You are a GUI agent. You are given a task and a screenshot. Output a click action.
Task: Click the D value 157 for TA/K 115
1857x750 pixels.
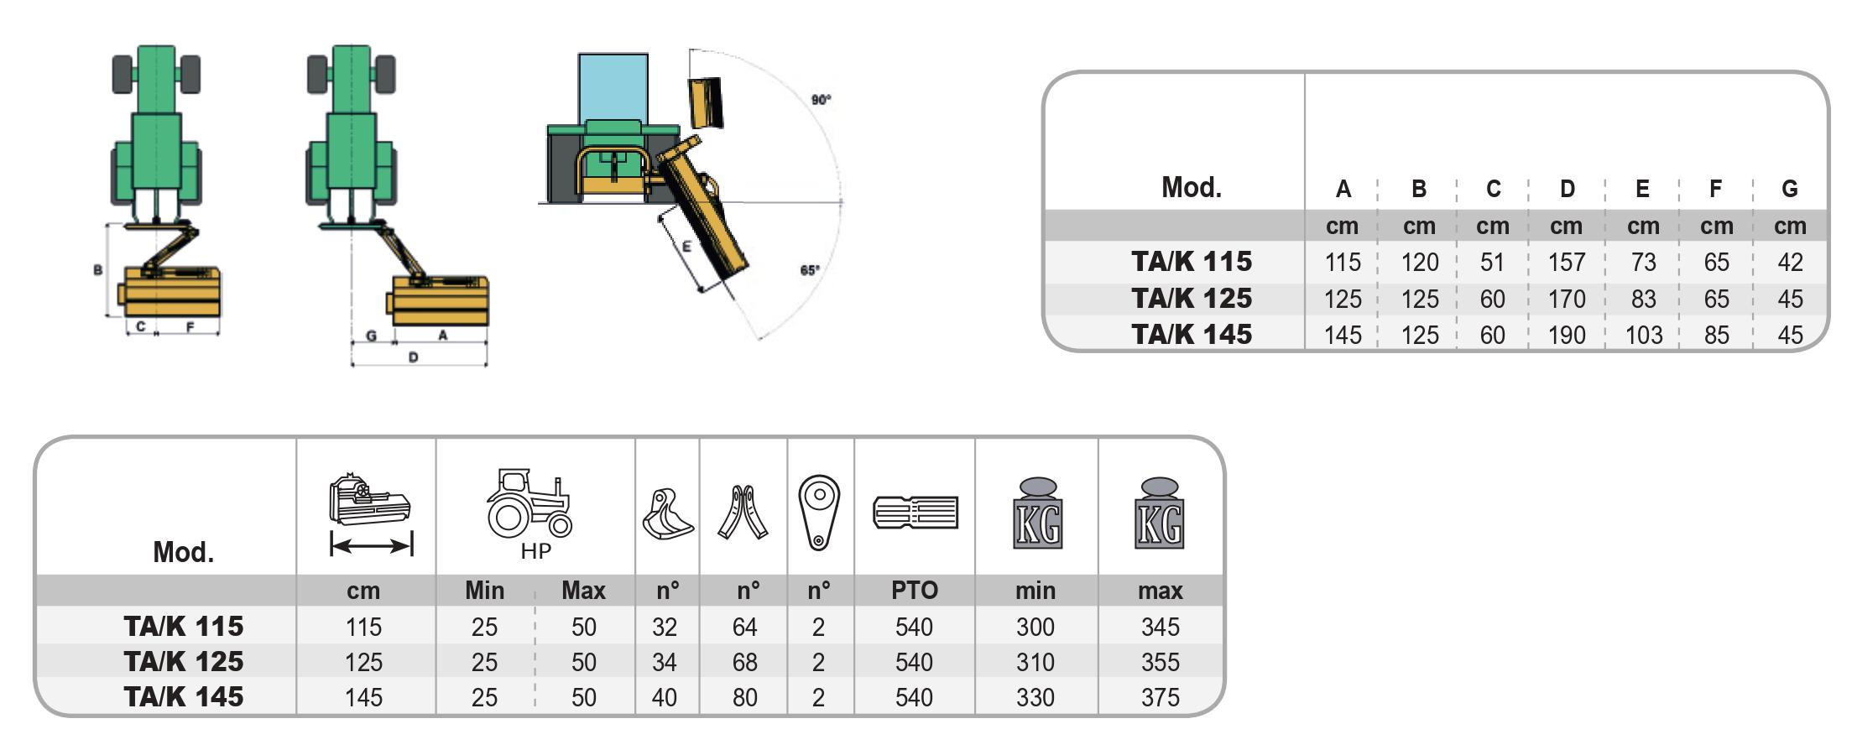pos(1566,263)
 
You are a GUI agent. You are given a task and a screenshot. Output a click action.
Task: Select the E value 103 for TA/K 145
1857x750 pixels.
pos(1642,335)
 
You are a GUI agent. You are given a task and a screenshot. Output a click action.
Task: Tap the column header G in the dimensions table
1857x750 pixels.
pos(1789,190)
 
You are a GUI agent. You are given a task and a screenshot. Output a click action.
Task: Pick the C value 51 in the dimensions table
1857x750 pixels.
pos(1491,263)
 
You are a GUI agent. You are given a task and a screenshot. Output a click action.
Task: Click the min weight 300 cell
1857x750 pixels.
pos(1035,627)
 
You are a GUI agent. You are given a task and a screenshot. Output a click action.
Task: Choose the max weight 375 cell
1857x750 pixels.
pos(1160,697)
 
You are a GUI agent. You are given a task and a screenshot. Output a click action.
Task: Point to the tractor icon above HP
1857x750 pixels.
pos(529,503)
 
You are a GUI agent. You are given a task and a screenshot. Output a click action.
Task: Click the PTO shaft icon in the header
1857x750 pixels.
pos(915,512)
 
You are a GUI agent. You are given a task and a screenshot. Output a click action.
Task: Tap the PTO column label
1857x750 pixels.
pos(914,591)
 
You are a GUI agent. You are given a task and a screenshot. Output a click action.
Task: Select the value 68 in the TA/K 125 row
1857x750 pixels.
pos(744,662)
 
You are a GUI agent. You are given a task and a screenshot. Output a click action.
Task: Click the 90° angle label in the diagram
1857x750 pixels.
pos(821,100)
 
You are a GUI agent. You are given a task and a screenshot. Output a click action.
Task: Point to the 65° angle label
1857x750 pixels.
pos(809,270)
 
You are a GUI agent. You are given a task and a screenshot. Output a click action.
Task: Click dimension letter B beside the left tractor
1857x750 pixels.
pos(98,270)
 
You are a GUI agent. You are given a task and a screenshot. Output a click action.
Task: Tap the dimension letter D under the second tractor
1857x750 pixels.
pos(413,357)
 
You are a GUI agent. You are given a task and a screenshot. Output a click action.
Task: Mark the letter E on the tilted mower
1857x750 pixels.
pos(686,247)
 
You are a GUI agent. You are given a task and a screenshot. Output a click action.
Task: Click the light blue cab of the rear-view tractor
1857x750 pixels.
pos(613,87)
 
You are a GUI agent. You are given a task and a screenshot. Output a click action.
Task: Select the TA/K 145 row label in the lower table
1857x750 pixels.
pos(183,697)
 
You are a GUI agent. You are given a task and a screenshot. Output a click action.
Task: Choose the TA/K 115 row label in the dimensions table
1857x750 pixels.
pos(1191,262)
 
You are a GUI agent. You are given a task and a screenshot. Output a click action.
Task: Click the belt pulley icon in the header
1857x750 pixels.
pos(818,512)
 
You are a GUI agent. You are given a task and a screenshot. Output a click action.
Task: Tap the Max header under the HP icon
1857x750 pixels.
pos(582,591)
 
